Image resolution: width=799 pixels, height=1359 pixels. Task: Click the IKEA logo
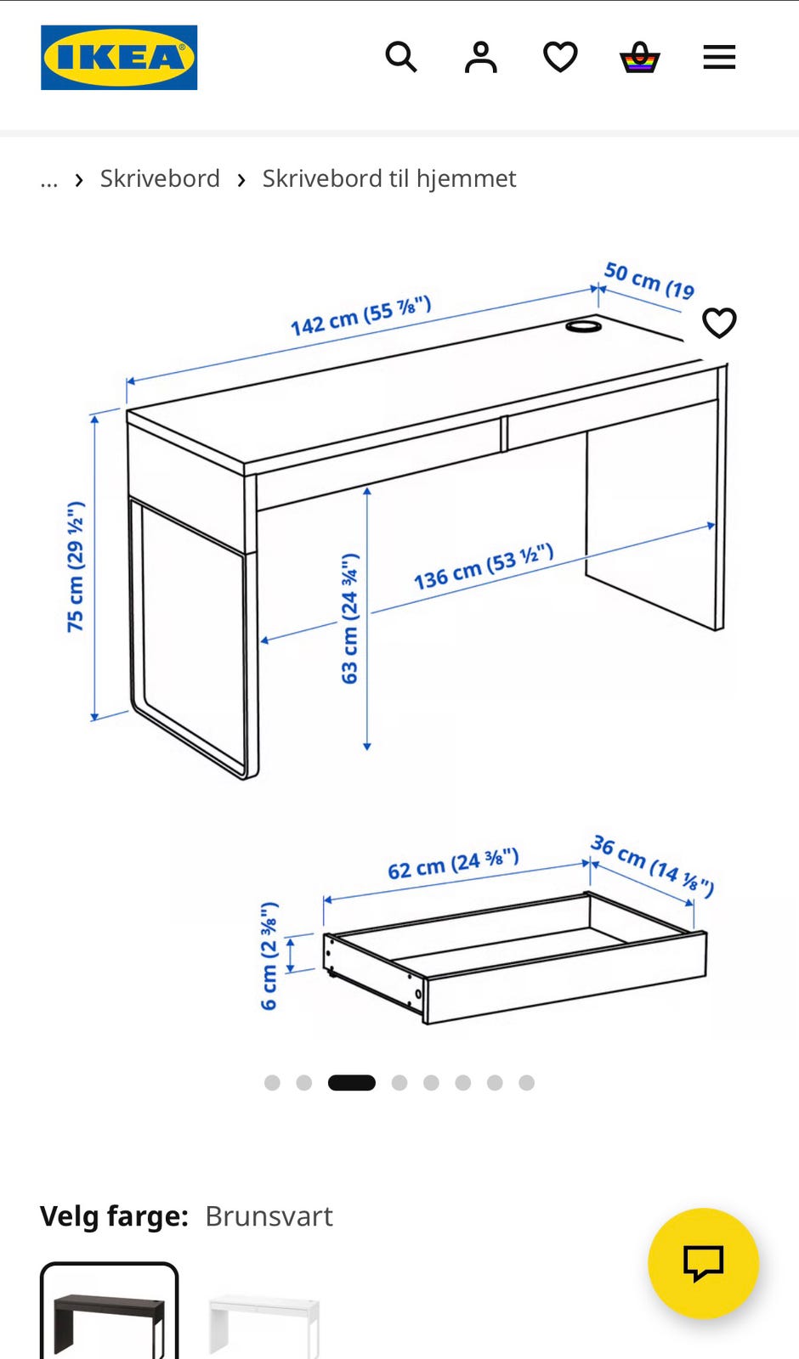click(119, 58)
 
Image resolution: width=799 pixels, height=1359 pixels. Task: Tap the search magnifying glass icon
click(401, 57)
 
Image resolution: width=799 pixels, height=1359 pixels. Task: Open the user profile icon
click(481, 58)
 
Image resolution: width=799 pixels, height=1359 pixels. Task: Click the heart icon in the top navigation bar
click(560, 57)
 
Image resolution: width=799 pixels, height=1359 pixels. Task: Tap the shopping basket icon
click(639, 57)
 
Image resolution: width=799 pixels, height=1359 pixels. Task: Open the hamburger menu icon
click(719, 57)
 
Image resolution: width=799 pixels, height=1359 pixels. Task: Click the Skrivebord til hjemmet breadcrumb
click(389, 179)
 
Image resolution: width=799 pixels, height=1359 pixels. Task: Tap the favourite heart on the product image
click(719, 323)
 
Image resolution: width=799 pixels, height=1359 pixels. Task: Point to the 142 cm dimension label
click(361, 315)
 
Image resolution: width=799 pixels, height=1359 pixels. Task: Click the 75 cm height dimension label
click(76, 567)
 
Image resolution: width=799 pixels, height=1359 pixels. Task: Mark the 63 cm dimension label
click(349, 619)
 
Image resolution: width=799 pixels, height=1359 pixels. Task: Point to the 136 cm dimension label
click(484, 567)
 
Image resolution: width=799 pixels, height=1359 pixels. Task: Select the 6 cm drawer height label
click(269, 956)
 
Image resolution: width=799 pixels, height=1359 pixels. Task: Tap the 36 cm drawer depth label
click(653, 866)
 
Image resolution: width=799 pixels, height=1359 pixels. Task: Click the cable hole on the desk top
click(583, 326)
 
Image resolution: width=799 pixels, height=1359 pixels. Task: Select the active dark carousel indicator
click(352, 1083)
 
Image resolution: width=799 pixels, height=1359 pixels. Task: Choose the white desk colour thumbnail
click(263, 1325)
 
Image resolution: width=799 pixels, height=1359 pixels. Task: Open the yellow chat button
click(703, 1264)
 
